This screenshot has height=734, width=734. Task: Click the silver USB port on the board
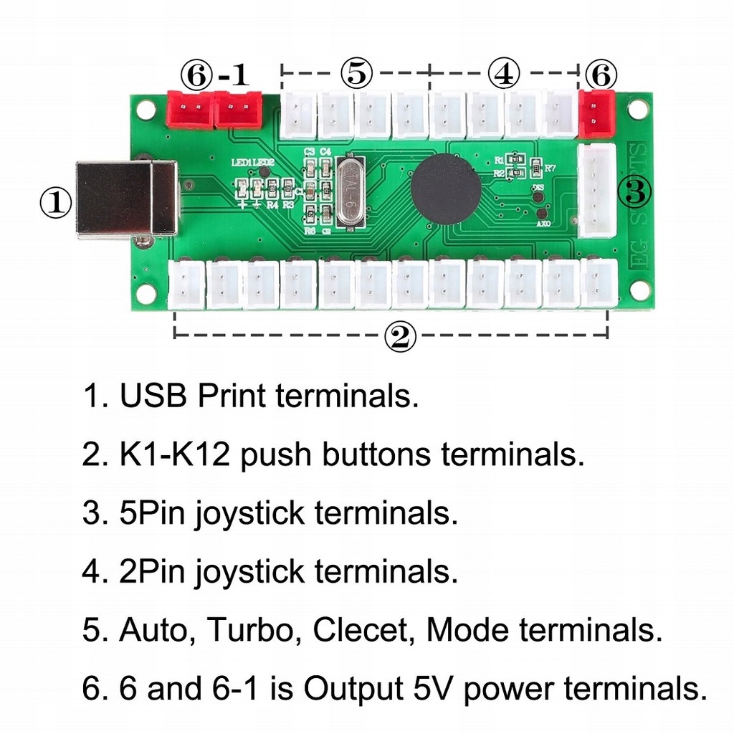[x=126, y=199]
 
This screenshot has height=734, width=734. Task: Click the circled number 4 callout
[x=503, y=72]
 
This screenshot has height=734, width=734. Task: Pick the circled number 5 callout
[x=356, y=72]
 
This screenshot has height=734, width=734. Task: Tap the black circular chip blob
[x=445, y=188]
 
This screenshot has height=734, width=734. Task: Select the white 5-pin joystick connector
[x=596, y=190]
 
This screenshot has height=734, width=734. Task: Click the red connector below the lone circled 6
[x=596, y=113]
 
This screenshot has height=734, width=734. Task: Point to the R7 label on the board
[x=550, y=168]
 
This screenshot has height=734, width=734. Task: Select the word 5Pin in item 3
[x=152, y=513]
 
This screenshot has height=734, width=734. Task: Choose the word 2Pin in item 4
[x=152, y=572]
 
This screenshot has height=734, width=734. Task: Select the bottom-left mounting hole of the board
[x=147, y=292]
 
